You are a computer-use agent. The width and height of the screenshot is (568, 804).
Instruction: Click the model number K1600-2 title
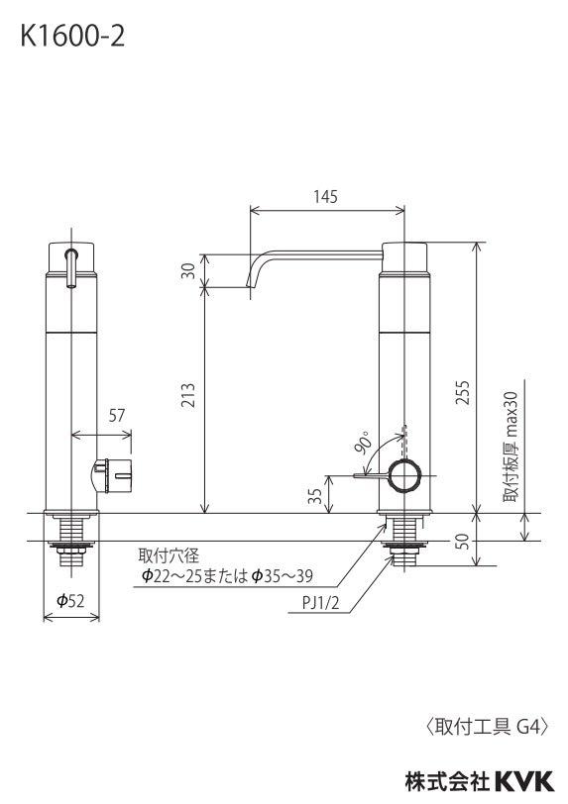pos(71,37)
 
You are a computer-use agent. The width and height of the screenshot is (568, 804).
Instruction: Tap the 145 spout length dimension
pos(326,197)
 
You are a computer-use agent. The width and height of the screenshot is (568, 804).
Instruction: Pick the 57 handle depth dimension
pos(117,416)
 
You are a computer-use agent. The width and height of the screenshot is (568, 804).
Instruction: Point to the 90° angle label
pos(363,443)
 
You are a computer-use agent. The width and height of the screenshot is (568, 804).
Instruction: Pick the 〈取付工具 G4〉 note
pos(487,727)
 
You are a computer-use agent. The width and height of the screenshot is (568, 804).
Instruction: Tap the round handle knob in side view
pos(405,476)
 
